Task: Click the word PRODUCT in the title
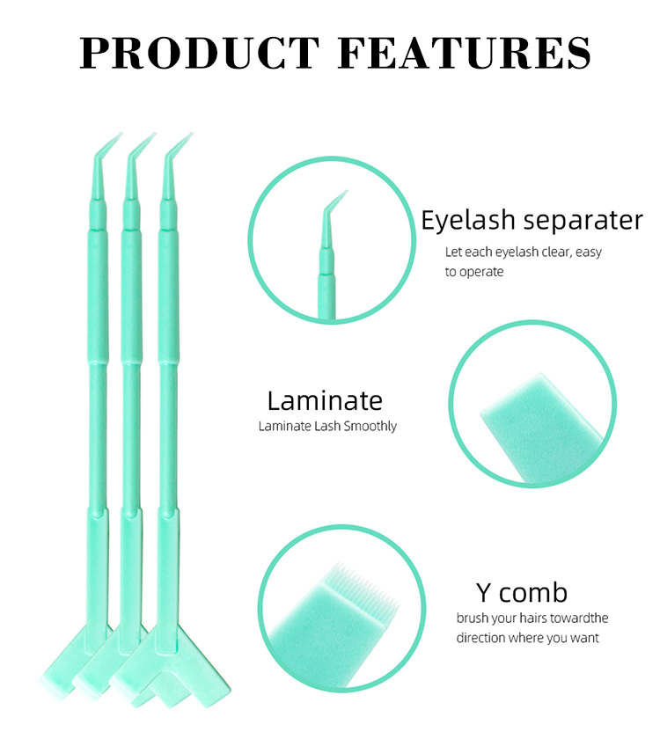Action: click(x=200, y=52)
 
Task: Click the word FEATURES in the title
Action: click(x=464, y=52)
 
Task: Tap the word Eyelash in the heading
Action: click(x=468, y=221)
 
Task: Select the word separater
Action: click(x=583, y=221)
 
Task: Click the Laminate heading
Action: click(x=325, y=400)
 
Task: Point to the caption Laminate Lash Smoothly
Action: click(x=327, y=426)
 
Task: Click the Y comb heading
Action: click(x=522, y=593)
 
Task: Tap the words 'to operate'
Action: click(x=474, y=272)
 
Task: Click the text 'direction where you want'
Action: click(x=527, y=638)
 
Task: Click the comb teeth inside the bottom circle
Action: click(x=368, y=584)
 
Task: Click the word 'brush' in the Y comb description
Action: click(x=473, y=619)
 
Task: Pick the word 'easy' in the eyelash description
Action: click(x=589, y=253)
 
